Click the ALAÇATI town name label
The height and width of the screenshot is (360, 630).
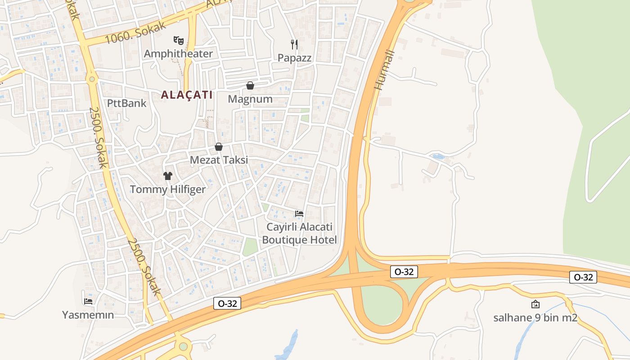(186, 95)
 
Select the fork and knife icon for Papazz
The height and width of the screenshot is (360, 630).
(294, 44)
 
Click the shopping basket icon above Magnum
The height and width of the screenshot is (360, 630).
(250, 85)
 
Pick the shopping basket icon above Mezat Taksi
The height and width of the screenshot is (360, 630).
(219, 147)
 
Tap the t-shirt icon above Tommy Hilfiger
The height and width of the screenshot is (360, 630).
(168, 176)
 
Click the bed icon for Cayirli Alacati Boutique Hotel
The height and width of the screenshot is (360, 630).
(299, 213)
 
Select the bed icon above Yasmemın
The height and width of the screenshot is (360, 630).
(88, 301)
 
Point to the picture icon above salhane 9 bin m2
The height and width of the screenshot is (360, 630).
(535, 304)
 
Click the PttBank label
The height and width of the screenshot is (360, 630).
(127, 103)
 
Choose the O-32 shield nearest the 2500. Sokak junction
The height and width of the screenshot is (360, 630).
(227, 304)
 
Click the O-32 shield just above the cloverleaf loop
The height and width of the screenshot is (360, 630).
(404, 272)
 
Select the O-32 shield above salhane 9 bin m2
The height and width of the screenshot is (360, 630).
(583, 277)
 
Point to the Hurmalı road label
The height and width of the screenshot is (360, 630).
(385, 70)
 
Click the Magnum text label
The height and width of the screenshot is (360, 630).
(250, 99)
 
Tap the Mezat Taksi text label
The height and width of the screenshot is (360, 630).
(219, 160)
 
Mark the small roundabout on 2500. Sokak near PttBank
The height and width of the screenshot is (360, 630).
(92, 79)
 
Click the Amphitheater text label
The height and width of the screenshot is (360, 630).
(178, 54)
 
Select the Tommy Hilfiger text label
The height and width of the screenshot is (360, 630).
(168, 189)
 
